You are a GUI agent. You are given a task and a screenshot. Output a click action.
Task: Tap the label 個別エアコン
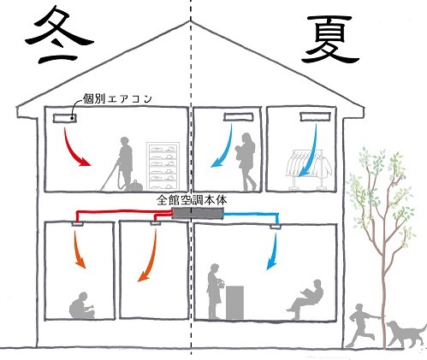click(117, 98)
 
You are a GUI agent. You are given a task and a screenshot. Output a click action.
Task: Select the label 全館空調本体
click(192, 200)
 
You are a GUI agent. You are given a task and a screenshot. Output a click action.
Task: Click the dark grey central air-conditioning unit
click(197, 214)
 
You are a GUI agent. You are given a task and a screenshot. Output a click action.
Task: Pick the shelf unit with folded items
click(163, 166)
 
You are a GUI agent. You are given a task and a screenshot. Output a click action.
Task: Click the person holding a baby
click(246, 162)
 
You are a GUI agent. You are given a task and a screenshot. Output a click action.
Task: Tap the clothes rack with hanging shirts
click(309, 168)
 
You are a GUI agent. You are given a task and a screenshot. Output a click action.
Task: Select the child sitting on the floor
click(82, 305)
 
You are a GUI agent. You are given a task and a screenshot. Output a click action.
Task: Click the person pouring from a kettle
click(216, 292)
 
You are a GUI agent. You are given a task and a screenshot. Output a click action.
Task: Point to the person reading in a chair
click(305, 299)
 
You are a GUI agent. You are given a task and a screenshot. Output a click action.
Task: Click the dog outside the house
click(406, 334)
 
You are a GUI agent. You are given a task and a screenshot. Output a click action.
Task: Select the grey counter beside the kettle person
click(234, 303)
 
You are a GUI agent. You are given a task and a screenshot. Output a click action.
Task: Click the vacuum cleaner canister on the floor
click(134, 186)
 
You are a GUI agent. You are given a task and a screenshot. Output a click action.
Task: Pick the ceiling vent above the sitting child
click(77, 224)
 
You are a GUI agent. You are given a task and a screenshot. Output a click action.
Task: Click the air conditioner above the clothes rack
click(315, 116)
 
